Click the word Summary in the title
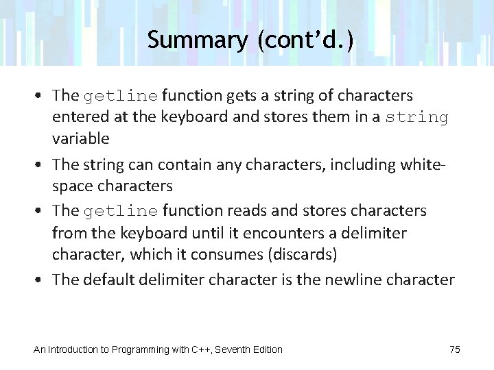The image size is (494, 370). (196, 40)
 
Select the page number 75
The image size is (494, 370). (455, 349)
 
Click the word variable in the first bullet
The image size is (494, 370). (81, 138)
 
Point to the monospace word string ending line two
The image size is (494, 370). (416, 117)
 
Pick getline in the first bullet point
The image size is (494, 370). (121, 95)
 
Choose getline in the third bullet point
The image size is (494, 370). (121, 210)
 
